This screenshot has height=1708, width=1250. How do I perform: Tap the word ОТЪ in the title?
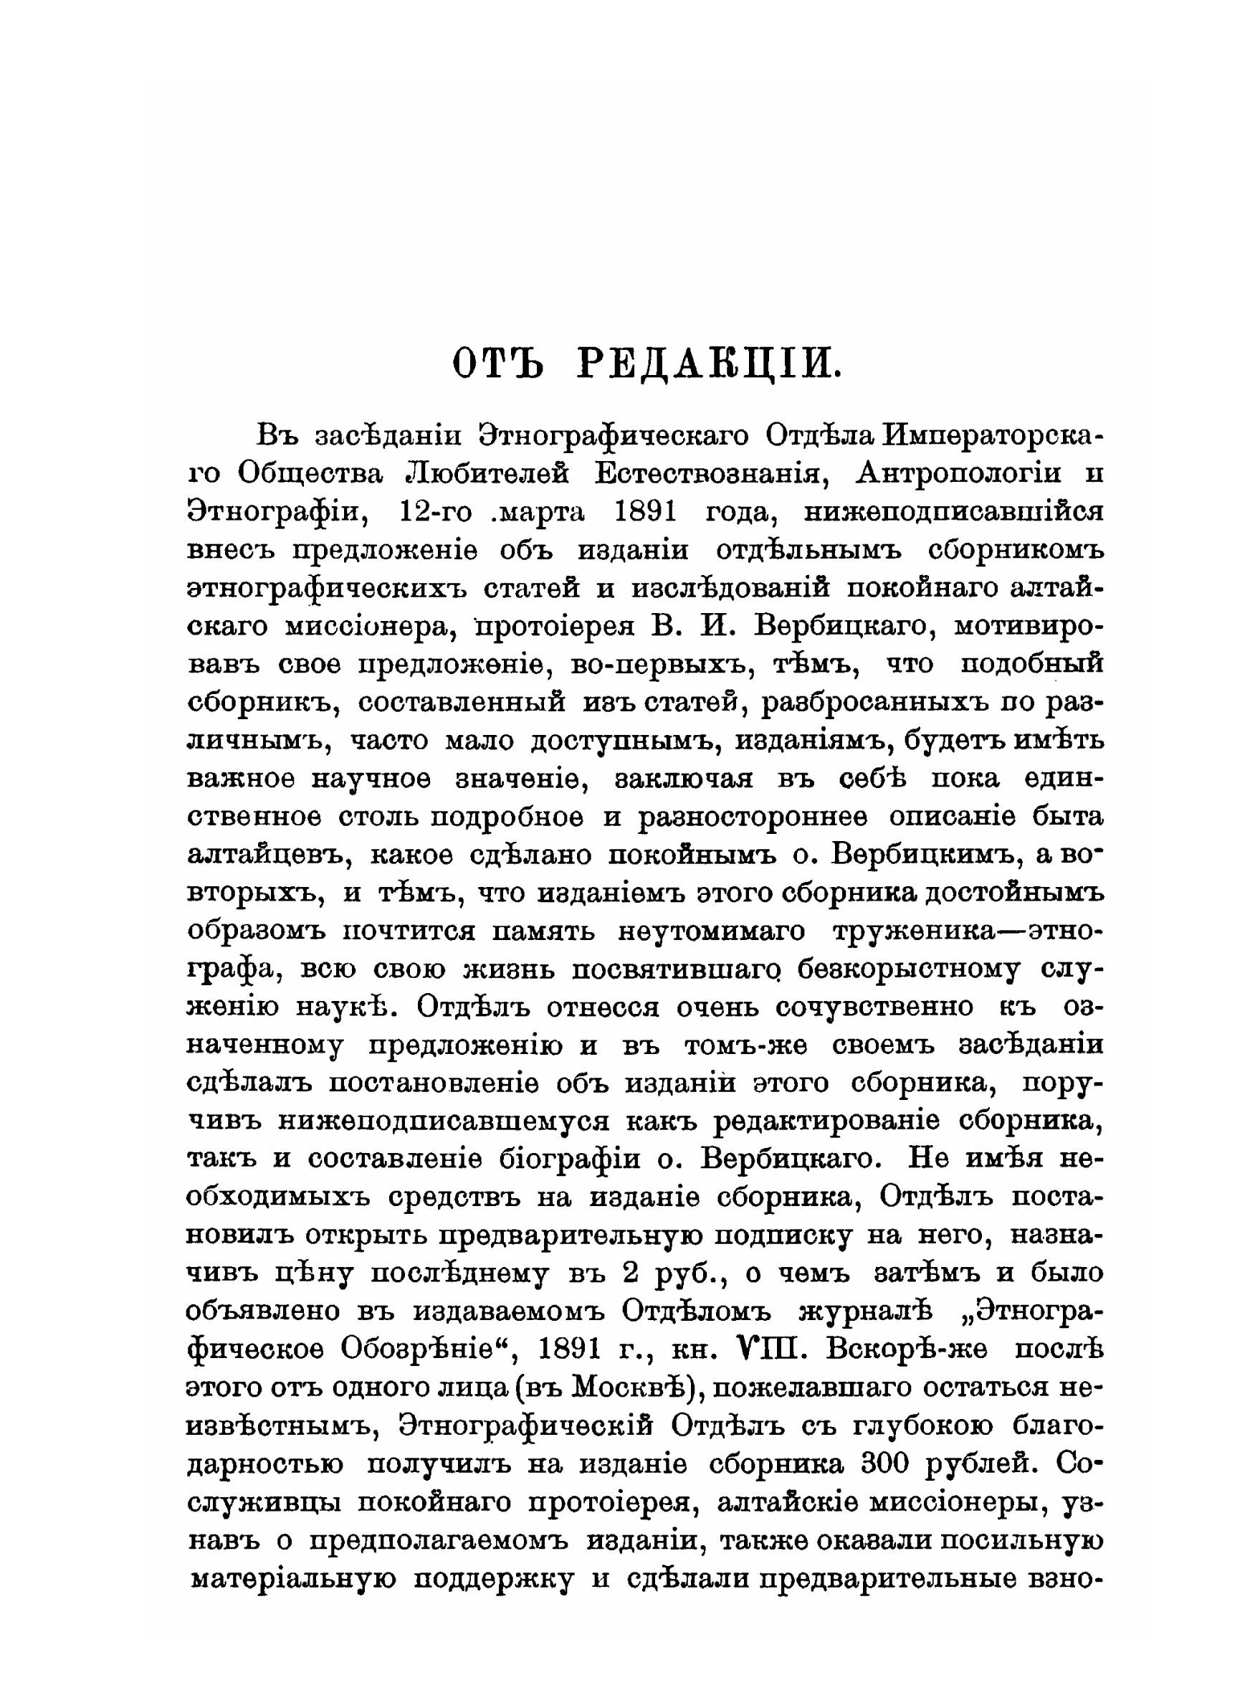tap(499, 364)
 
